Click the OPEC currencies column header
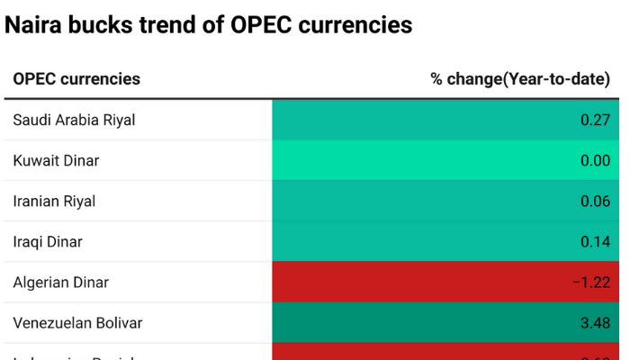[x=76, y=79]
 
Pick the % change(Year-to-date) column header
[x=520, y=79]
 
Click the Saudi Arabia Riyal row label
[x=74, y=120]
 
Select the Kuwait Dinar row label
[x=56, y=160]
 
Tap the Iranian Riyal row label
[x=54, y=201]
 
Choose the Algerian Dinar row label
[x=60, y=282]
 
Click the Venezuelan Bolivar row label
[x=77, y=322]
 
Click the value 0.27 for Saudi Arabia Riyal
[x=595, y=120]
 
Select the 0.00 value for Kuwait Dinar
[x=595, y=160]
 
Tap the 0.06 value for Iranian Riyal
[x=595, y=201]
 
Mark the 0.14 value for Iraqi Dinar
[x=595, y=241]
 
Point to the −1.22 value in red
[x=591, y=282]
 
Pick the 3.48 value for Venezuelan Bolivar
[x=595, y=322]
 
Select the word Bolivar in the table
[x=118, y=322]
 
